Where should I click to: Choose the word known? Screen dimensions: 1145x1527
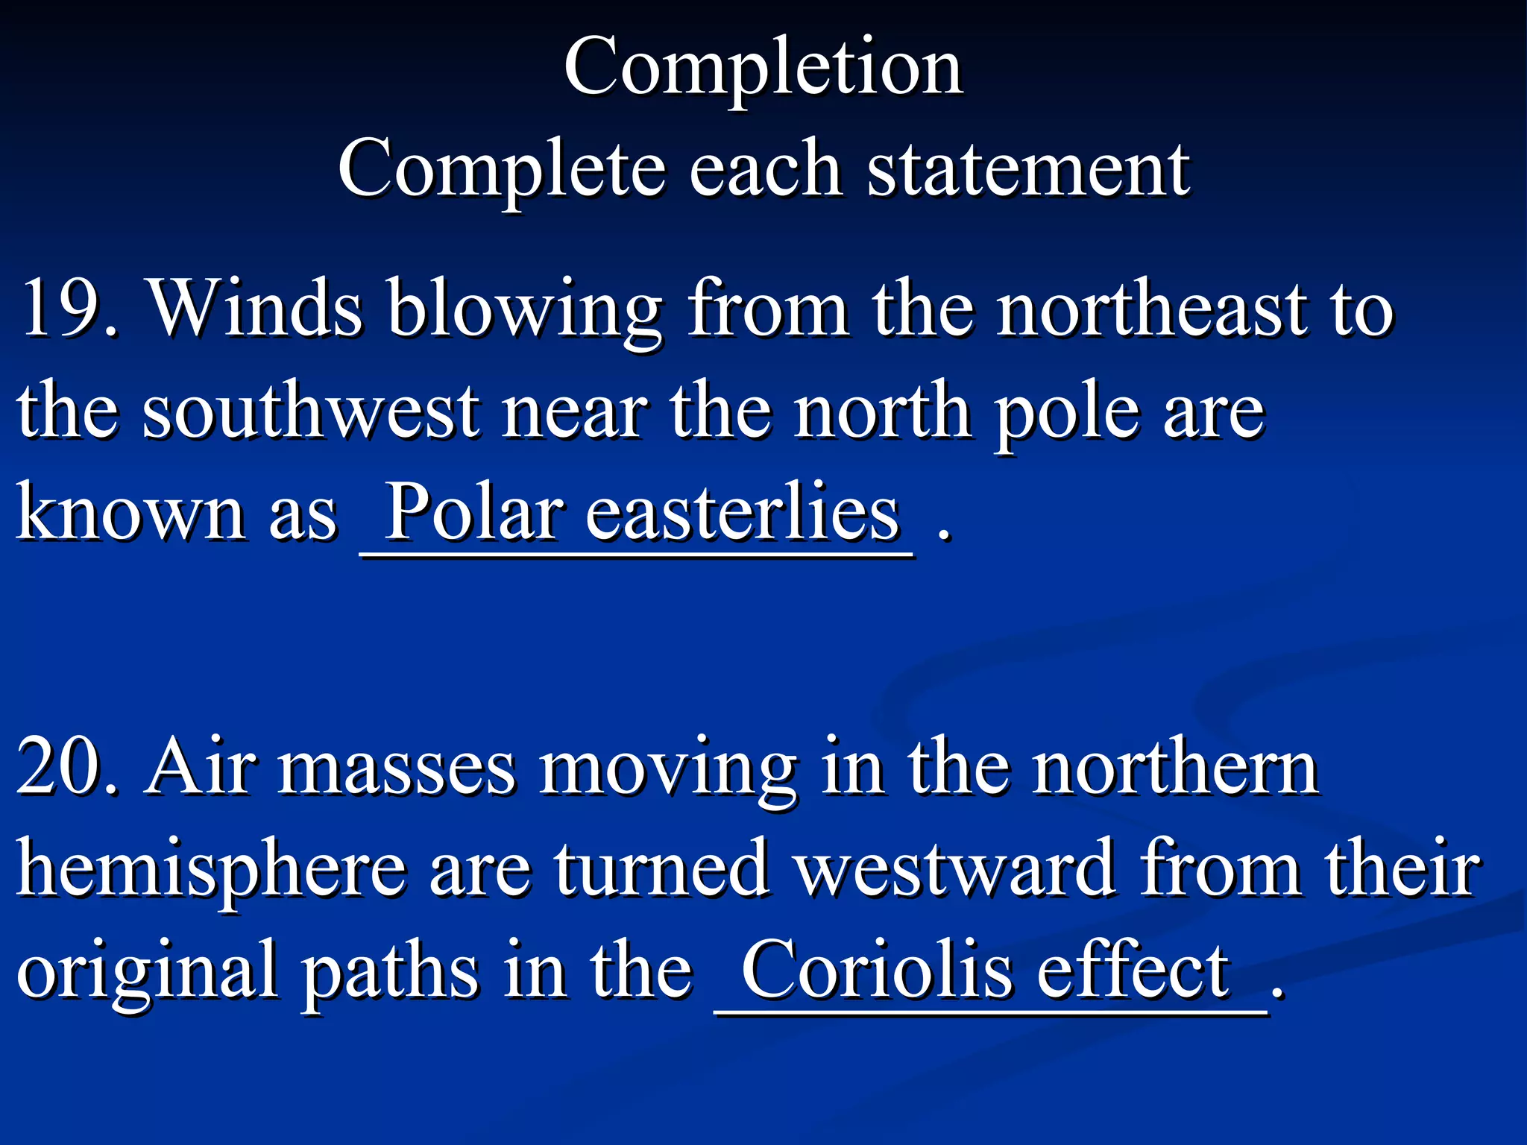[x=131, y=513]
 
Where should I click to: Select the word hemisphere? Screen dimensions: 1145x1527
[x=212, y=869]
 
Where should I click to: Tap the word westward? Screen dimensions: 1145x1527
[x=954, y=868]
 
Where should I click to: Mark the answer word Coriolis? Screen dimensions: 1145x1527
[x=877, y=969]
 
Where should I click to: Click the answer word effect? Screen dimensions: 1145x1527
[x=1133, y=969]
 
